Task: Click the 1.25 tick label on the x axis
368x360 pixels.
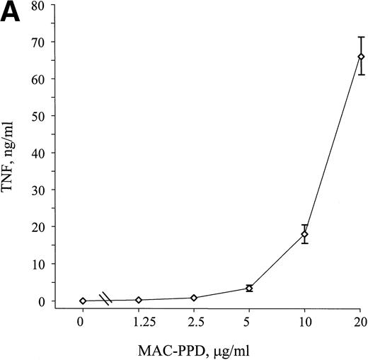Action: [x=139, y=320]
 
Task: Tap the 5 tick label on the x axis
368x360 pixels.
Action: [x=249, y=320]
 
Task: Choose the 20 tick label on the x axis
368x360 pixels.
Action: [x=360, y=320]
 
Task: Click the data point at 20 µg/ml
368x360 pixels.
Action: [x=360, y=57]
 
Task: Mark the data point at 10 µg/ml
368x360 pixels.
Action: [x=304, y=234]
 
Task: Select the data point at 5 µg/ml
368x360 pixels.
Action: [x=249, y=289]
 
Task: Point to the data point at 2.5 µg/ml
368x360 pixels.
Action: [x=194, y=298]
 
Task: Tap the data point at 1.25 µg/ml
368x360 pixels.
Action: [x=139, y=300]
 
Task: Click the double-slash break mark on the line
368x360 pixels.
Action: [x=105, y=299]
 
